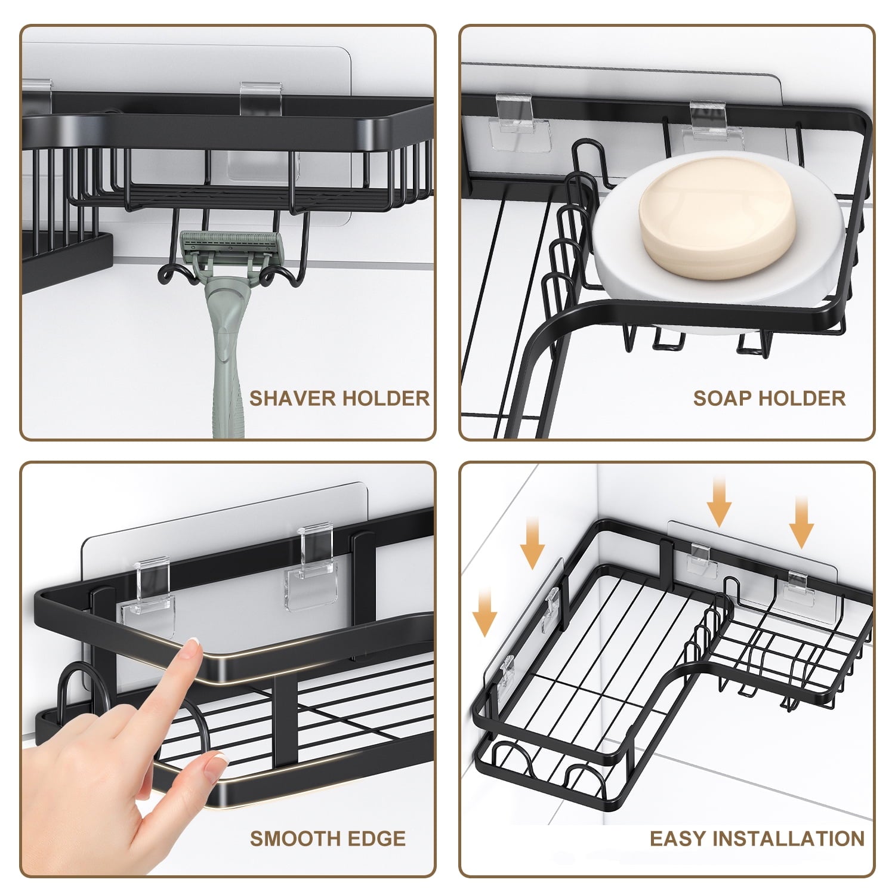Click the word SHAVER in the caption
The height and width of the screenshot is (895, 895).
286,398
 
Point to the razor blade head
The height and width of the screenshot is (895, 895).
230,245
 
